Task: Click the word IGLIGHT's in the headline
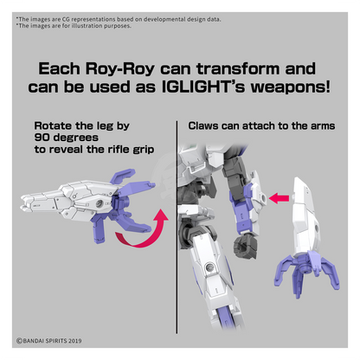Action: [x=203, y=87]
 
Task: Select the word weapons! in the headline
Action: [x=290, y=87]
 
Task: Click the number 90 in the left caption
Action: [x=42, y=138]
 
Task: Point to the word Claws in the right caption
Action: [x=203, y=125]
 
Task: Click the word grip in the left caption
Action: [x=144, y=150]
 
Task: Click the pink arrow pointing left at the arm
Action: [x=279, y=198]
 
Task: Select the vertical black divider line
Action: [x=177, y=227]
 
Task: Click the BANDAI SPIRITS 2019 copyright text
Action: [x=49, y=341]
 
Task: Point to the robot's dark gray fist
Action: [x=245, y=246]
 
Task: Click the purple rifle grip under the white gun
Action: [x=99, y=230]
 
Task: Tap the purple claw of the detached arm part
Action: [x=306, y=272]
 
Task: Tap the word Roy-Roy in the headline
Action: [x=120, y=69]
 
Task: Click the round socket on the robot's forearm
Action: [x=262, y=198]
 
